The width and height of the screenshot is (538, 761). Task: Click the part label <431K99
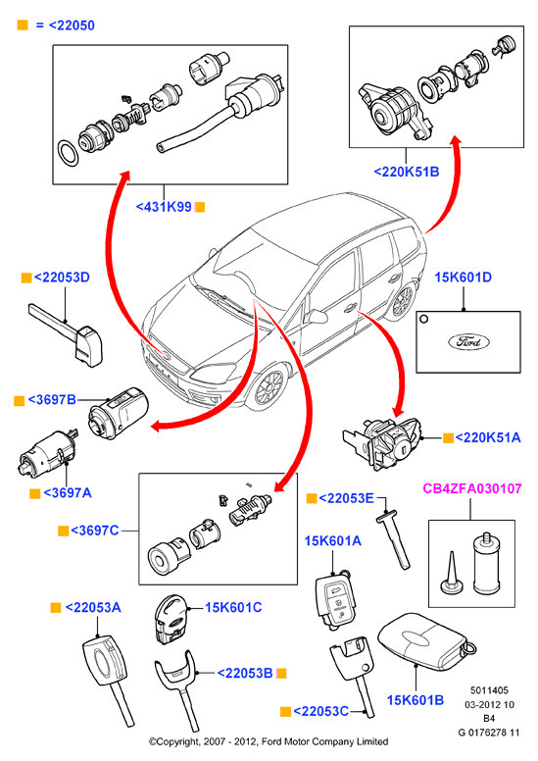click(x=164, y=207)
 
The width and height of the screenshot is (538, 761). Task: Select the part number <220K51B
click(x=407, y=172)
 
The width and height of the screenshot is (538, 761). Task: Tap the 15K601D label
click(x=463, y=278)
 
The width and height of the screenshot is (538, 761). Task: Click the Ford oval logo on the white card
click(x=468, y=341)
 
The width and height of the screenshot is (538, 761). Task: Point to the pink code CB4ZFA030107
click(x=472, y=488)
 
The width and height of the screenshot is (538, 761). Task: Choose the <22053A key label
click(x=93, y=607)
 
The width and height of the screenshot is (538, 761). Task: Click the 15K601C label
click(x=233, y=607)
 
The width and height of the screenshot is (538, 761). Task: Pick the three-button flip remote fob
click(x=335, y=600)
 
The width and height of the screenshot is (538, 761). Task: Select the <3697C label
click(x=95, y=530)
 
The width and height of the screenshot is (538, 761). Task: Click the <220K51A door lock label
click(x=488, y=437)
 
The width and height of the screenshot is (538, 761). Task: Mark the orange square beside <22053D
click(x=26, y=279)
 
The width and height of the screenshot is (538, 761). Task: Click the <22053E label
click(x=346, y=498)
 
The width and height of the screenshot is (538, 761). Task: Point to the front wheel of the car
click(x=268, y=386)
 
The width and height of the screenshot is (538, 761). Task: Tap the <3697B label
click(x=52, y=399)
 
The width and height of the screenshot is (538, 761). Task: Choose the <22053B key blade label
click(x=245, y=673)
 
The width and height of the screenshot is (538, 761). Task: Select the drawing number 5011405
click(x=489, y=690)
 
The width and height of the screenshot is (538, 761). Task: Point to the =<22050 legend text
click(x=65, y=25)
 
